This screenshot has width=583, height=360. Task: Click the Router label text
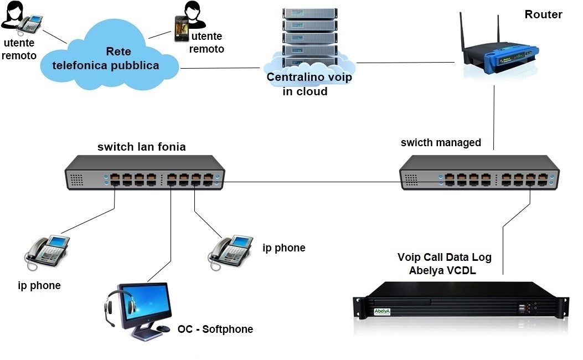coord(543,15)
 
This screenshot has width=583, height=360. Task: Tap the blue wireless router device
coord(504,56)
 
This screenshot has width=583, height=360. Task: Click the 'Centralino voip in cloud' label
coord(309,84)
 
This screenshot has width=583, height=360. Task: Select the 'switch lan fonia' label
coord(141,147)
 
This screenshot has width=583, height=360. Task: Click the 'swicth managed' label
coord(441,143)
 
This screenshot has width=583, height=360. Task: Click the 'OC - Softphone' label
coord(215,330)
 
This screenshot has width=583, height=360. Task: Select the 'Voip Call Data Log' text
coord(445,258)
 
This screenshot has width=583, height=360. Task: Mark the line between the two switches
coord(310,181)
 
